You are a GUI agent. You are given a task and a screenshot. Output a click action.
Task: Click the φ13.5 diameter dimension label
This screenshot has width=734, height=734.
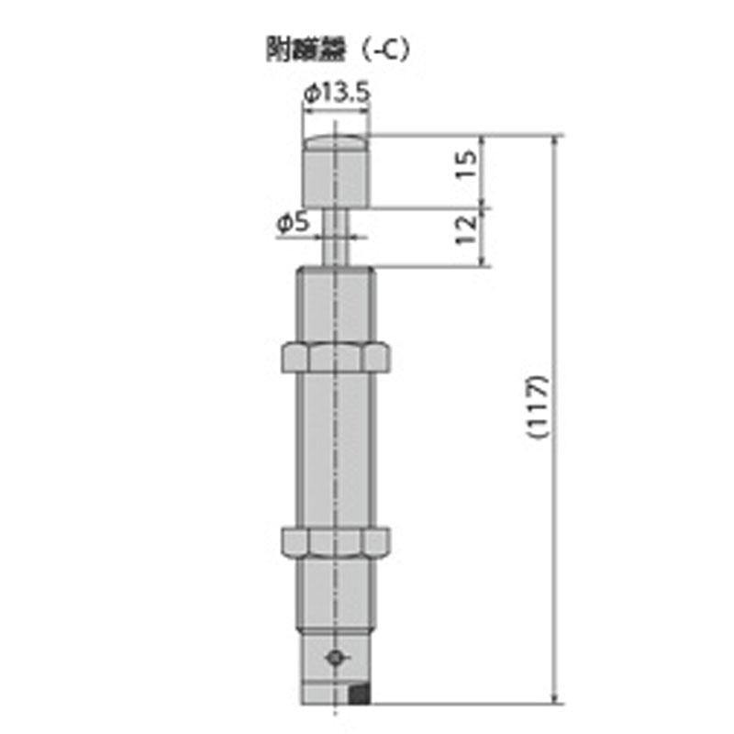point(336,92)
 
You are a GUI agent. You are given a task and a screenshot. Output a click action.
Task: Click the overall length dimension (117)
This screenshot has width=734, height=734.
point(539,408)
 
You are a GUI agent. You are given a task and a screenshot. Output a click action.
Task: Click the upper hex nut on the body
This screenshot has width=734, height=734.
point(337,356)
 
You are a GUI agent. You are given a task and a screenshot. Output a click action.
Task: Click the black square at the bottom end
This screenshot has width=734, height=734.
point(362,695)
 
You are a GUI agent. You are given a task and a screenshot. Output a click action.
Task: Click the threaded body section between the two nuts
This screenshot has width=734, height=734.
point(337,450)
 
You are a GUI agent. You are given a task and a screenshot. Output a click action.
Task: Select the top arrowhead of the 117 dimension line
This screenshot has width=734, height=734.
point(556,142)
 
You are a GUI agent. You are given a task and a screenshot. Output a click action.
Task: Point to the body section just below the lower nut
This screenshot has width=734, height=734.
point(337,592)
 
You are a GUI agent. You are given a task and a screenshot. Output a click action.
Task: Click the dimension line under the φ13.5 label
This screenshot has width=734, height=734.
point(336,109)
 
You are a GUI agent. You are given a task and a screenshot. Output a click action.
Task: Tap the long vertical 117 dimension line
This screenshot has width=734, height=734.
point(556,550)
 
